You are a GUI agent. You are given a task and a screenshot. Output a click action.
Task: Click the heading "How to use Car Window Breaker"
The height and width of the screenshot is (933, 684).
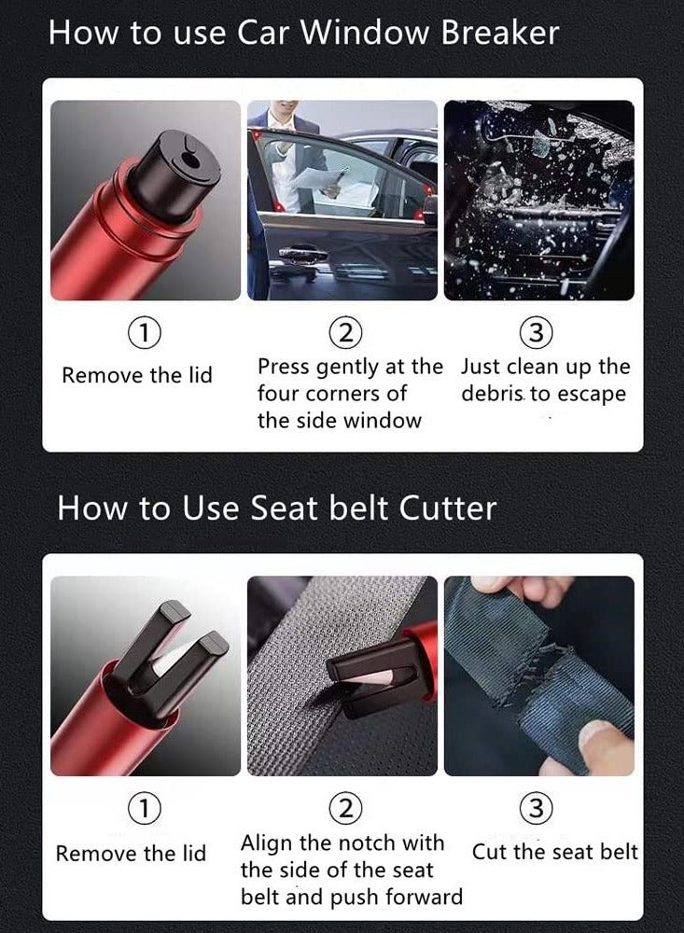303,33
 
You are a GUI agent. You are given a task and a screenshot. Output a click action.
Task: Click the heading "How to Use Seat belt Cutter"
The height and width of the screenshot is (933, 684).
276,508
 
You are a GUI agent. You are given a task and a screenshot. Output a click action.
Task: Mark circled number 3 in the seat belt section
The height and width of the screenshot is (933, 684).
540,809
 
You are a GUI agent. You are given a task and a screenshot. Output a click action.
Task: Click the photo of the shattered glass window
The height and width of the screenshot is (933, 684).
538,200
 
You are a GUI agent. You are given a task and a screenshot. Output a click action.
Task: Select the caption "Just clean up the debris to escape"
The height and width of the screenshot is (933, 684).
545,380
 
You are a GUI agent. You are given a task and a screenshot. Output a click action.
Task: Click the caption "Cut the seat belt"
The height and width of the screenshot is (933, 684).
554,852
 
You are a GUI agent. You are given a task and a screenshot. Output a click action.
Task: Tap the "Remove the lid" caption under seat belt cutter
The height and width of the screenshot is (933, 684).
131,854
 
